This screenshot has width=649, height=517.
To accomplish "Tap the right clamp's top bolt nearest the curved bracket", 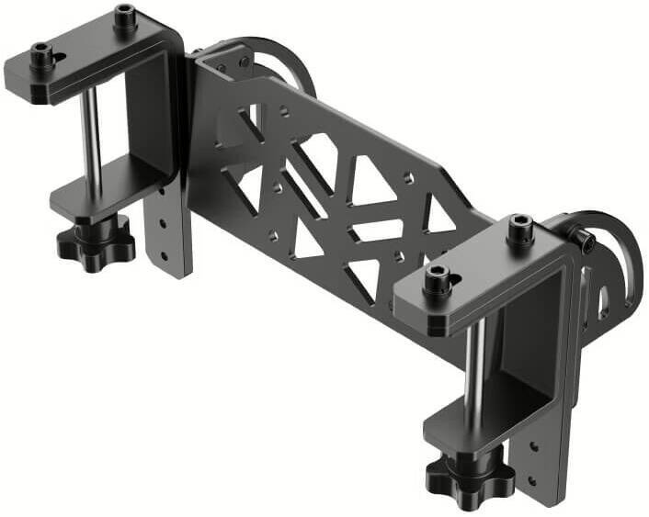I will pyautogui.click(x=521, y=227).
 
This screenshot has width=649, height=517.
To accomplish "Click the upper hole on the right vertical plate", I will pyautogui.click(x=534, y=449).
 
